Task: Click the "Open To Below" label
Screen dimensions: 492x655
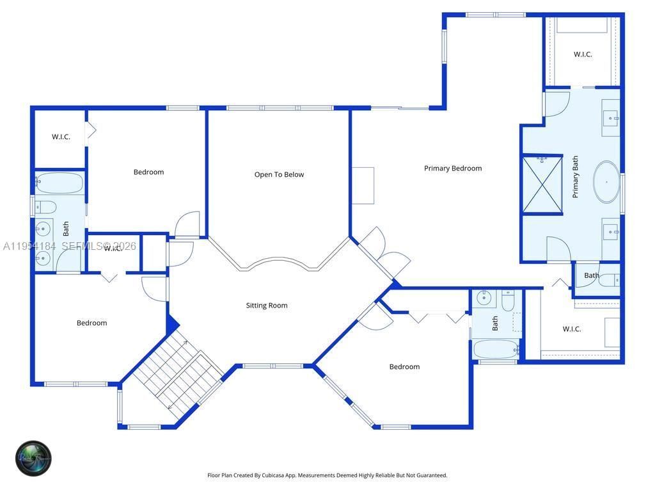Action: [x=279, y=174]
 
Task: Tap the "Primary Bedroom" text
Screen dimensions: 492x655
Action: [x=453, y=168]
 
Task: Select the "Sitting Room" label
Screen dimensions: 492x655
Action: [x=267, y=306]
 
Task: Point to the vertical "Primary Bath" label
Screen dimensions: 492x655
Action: [x=575, y=177]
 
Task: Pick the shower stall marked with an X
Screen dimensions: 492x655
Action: [x=542, y=184]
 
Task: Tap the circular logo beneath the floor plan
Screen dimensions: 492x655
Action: [x=33, y=458]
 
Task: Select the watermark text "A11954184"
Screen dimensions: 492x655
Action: [x=29, y=246]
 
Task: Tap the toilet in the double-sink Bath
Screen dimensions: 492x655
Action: [x=45, y=207]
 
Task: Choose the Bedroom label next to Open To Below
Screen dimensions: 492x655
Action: [x=148, y=172]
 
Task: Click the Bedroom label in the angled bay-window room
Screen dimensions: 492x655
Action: [x=404, y=366]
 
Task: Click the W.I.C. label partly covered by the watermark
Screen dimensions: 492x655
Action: [x=113, y=248]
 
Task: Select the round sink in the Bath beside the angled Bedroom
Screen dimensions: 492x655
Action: [x=484, y=297]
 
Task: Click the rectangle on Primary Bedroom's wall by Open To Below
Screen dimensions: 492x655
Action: [x=363, y=186]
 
